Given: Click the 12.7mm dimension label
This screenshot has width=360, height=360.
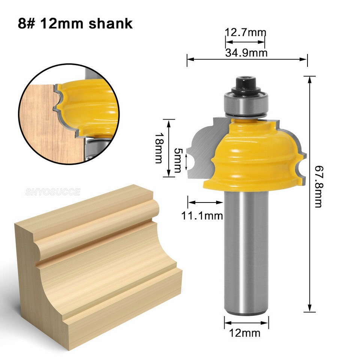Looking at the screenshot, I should coord(245,32).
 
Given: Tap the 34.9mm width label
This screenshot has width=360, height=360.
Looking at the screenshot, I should coord(246,53).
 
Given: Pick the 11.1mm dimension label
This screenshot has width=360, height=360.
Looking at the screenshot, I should coord(202,216).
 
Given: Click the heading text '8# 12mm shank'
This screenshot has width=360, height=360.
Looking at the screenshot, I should coord(75,23).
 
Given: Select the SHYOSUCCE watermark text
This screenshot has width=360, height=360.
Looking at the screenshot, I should coord(53,192).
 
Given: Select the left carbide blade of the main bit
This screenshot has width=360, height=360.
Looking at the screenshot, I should coord(202,150).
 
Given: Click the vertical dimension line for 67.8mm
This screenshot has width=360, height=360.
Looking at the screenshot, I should coord(310,150).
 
